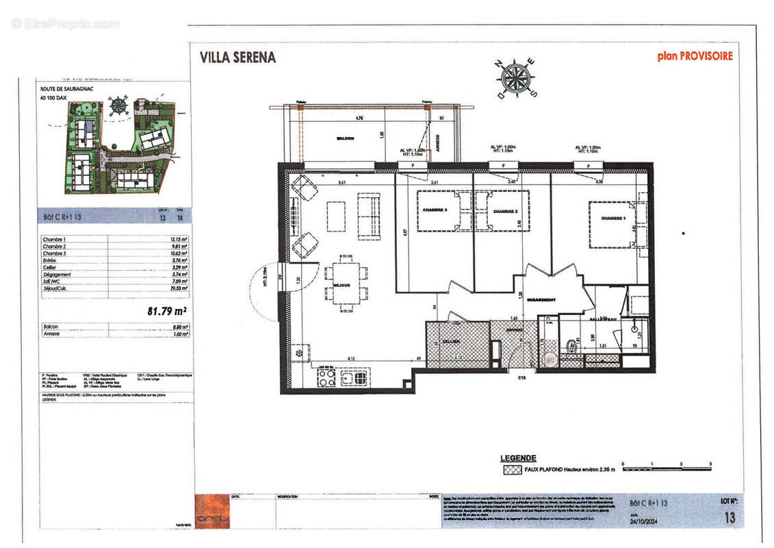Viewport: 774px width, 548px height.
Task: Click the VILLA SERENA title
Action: (x=237, y=58)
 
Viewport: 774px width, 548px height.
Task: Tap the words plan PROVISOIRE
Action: (x=695, y=56)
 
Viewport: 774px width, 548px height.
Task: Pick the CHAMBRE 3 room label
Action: (x=435, y=210)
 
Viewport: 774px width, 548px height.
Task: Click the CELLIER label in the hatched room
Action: (x=450, y=341)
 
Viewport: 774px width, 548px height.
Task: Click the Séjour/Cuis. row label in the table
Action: (x=58, y=289)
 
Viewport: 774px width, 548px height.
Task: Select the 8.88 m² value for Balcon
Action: (x=179, y=327)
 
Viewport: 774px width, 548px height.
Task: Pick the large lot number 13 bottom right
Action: (x=730, y=518)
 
